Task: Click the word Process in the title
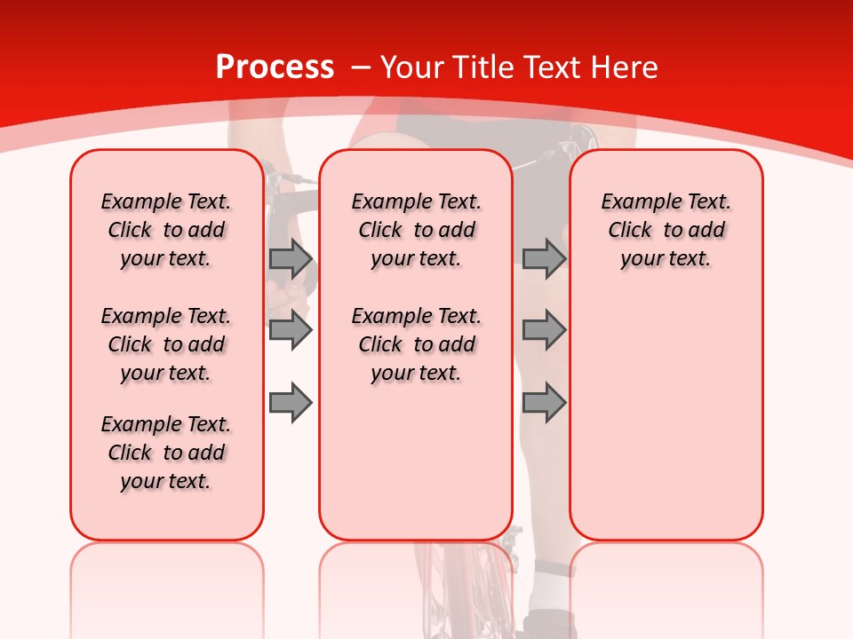tap(275, 67)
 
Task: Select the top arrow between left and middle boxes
tap(291, 259)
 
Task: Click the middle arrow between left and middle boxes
tap(291, 331)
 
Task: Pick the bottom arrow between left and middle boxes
tap(291, 402)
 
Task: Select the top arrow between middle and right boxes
tap(544, 259)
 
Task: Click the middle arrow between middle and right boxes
tap(544, 331)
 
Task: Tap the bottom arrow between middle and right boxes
tap(544, 402)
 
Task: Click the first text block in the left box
tap(166, 230)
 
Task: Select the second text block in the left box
tap(166, 344)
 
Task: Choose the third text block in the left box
tap(166, 453)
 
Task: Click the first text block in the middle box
tap(416, 230)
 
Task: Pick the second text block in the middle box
tap(416, 344)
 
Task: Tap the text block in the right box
tap(666, 230)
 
